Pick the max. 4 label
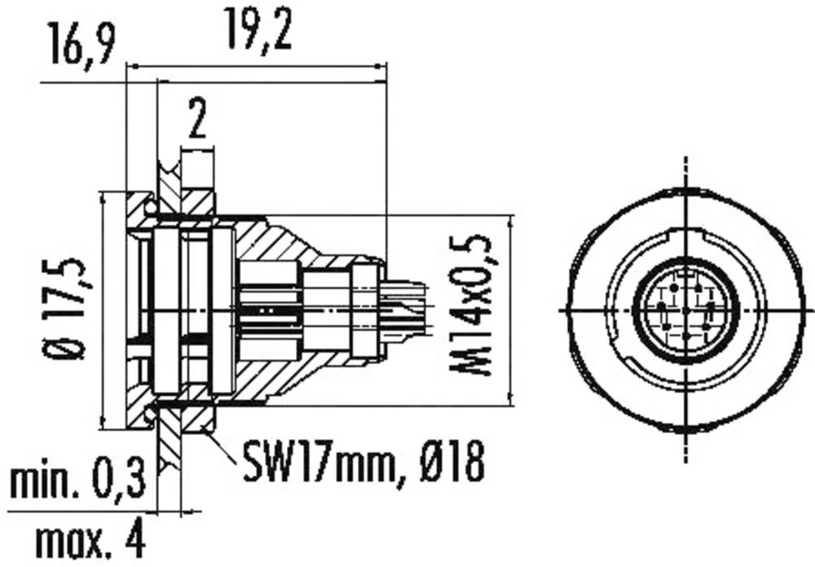90,538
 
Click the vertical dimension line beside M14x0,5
509,310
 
